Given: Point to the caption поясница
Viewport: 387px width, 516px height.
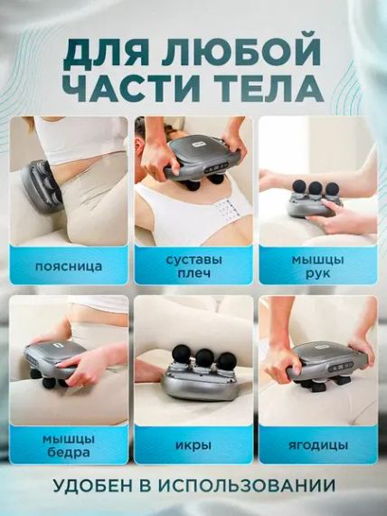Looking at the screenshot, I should [x=68, y=267].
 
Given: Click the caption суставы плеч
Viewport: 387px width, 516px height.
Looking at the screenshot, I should [x=193, y=267].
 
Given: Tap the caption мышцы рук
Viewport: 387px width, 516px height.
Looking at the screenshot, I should [x=317, y=267].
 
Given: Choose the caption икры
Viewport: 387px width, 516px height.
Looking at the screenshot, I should [x=193, y=445].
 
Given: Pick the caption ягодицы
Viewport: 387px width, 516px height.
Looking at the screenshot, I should [x=317, y=445].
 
